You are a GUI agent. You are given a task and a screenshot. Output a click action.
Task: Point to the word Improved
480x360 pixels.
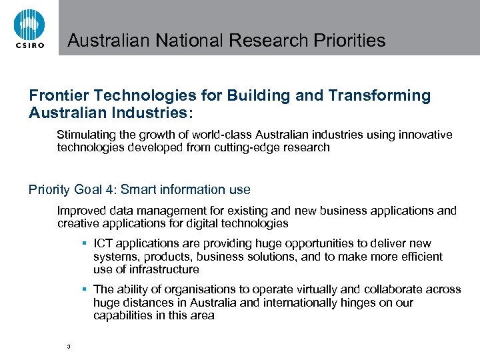(81, 211)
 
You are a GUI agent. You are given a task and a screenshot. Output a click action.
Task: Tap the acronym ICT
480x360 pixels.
(103, 243)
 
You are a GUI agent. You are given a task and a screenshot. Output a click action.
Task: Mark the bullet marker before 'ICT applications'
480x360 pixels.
(85, 243)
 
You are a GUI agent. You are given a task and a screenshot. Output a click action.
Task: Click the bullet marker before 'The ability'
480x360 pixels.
(85, 289)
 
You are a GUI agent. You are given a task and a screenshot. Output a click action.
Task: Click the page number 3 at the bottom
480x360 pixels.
(69, 346)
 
